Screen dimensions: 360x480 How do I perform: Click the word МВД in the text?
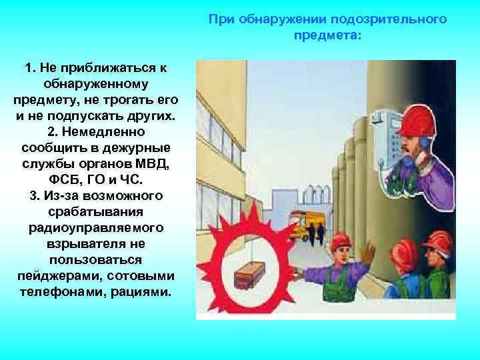(154, 163)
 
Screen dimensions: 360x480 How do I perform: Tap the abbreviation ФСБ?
(61, 179)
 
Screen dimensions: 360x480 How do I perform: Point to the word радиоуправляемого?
(95, 227)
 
